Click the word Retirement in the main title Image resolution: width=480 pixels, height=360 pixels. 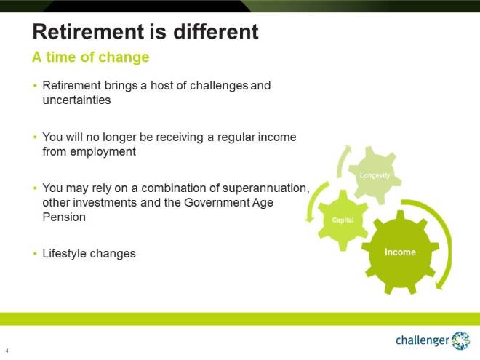87,32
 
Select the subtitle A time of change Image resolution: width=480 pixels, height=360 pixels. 90,57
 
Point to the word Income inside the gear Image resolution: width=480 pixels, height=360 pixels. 399,252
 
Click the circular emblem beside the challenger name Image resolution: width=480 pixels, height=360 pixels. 461,340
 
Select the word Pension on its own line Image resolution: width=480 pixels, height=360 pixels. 64,217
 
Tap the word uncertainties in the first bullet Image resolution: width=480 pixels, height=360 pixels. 76,100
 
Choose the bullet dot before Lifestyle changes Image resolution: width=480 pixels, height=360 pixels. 35,254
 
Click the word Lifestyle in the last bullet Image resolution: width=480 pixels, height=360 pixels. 65,254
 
